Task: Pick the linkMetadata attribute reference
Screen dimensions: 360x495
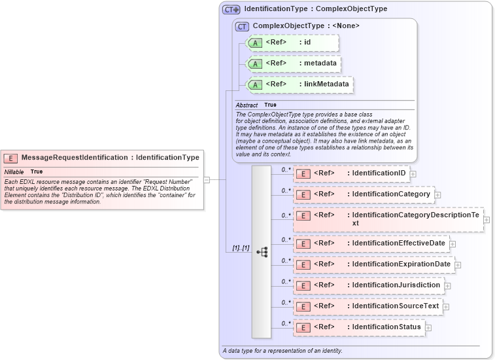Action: point(298,84)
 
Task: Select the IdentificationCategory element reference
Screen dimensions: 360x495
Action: point(363,194)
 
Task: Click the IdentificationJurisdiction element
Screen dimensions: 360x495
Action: point(369,285)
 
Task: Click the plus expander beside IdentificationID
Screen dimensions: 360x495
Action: point(413,174)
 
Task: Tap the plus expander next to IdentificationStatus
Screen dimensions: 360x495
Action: point(428,327)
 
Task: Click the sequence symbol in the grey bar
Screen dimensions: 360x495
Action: point(262,251)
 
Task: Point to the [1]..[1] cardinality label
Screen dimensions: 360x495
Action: point(241,248)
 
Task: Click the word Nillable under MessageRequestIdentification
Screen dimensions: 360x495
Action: point(14,171)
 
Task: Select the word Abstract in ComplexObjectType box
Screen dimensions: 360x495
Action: point(247,105)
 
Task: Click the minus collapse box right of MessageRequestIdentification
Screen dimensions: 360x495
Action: point(207,179)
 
